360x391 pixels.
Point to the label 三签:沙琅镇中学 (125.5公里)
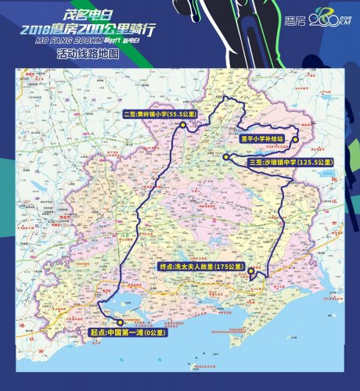(290, 162)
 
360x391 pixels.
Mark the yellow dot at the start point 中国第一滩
(121, 322)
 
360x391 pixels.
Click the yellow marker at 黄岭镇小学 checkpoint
(182, 124)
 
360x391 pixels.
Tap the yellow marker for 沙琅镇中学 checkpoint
(225, 158)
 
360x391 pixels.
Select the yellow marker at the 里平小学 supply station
(297, 140)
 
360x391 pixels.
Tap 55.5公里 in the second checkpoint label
(180, 114)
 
